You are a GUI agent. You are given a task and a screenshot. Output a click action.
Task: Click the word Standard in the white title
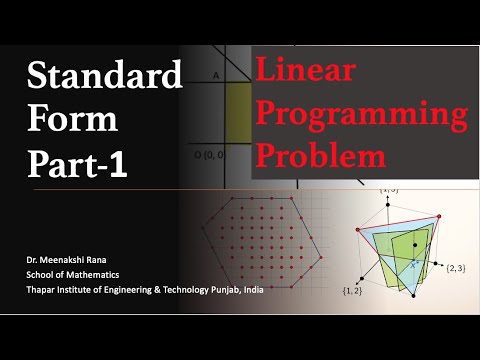point(105,76)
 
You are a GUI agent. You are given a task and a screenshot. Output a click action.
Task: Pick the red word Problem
point(320,155)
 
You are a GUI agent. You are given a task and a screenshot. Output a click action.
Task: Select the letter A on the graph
point(216,75)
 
